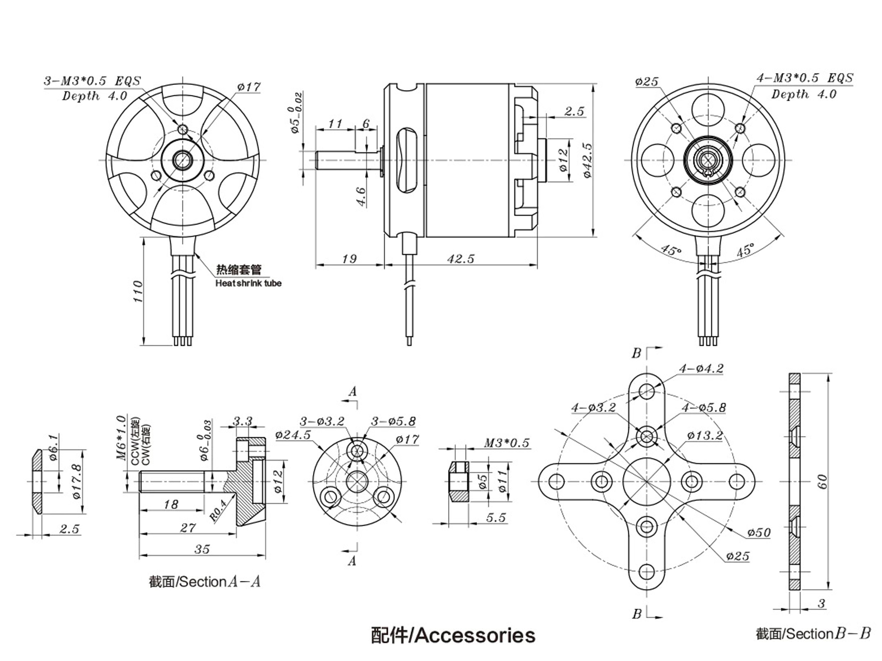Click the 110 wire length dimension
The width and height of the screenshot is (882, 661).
click(138, 291)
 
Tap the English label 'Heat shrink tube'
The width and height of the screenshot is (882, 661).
click(248, 283)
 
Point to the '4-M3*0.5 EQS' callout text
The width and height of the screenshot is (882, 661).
click(805, 78)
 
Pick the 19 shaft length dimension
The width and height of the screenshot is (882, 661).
click(349, 259)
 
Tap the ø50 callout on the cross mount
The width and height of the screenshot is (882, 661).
click(759, 532)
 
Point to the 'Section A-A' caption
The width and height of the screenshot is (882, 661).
click(205, 582)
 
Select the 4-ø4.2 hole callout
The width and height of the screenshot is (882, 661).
click(701, 369)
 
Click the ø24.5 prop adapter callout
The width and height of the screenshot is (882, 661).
click(293, 435)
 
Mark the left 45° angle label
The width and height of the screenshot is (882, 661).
click(671, 250)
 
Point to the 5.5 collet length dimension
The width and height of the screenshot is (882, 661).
click(496, 518)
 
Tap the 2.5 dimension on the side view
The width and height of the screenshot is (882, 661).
click(574, 111)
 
